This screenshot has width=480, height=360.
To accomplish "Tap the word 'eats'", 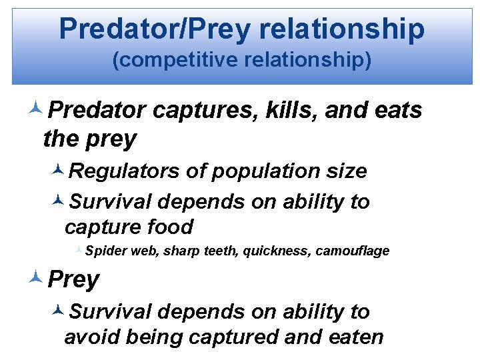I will click(398, 110).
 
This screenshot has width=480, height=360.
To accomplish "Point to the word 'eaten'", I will click(357, 337).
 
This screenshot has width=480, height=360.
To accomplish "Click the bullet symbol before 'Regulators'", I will click(58, 171).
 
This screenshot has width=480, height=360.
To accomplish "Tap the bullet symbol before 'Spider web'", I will click(79, 251).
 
